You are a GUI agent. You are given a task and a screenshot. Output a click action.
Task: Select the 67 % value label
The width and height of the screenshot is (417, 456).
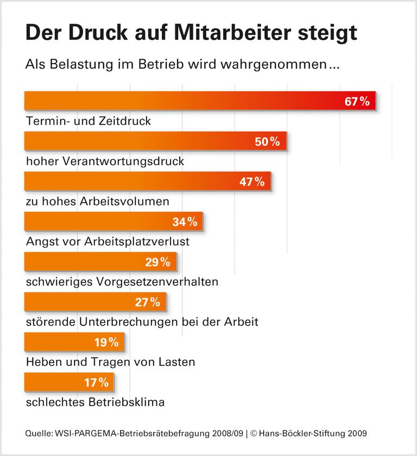[x=357, y=101]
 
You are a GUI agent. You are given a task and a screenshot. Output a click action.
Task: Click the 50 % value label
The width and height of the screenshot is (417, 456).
[x=267, y=142]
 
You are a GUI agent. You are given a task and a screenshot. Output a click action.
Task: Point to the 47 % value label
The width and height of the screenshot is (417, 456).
[x=252, y=182]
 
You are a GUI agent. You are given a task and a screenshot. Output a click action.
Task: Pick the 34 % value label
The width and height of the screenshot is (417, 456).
[x=184, y=222]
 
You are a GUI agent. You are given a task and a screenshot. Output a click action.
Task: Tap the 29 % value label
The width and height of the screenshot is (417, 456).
[x=157, y=262]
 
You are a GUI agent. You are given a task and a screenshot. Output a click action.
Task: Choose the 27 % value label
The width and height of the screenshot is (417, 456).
[x=147, y=302]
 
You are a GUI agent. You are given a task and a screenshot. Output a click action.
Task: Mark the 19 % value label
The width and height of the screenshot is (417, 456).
[x=105, y=342]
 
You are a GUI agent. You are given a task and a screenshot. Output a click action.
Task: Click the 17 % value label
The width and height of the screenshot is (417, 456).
[x=96, y=382]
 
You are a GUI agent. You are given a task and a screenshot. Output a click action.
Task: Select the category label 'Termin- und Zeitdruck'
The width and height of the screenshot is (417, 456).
[x=89, y=121]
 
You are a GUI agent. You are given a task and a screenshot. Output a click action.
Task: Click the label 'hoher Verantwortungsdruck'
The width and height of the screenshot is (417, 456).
[x=105, y=161]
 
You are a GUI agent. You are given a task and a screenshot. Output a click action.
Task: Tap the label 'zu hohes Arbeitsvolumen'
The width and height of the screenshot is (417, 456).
[x=98, y=202]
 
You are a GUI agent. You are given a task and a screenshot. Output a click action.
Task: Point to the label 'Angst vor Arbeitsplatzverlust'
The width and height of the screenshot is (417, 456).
[x=108, y=241]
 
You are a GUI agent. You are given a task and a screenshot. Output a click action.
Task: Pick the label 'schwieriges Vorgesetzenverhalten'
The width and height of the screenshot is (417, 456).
[x=122, y=282]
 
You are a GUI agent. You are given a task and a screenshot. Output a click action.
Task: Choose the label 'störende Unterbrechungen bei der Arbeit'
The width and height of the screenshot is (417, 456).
[x=142, y=322]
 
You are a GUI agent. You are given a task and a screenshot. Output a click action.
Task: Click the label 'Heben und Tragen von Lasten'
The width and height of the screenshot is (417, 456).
[x=110, y=362]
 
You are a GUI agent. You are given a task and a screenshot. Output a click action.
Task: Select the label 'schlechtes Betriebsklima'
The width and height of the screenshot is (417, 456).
[x=95, y=402]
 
